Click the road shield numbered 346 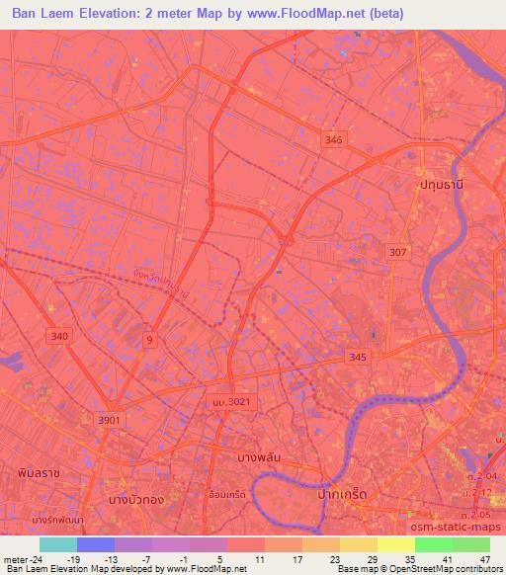click(x=333, y=141)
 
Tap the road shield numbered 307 click(x=397, y=253)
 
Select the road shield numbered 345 click(x=358, y=357)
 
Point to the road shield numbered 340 click(x=59, y=337)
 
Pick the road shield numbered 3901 click(x=110, y=420)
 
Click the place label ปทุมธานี click(x=440, y=185)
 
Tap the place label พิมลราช click(x=39, y=473)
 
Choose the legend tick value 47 click(x=485, y=558)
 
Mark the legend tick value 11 click(x=260, y=558)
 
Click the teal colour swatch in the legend click(x=57, y=544)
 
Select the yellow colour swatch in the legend click(x=395, y=544)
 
